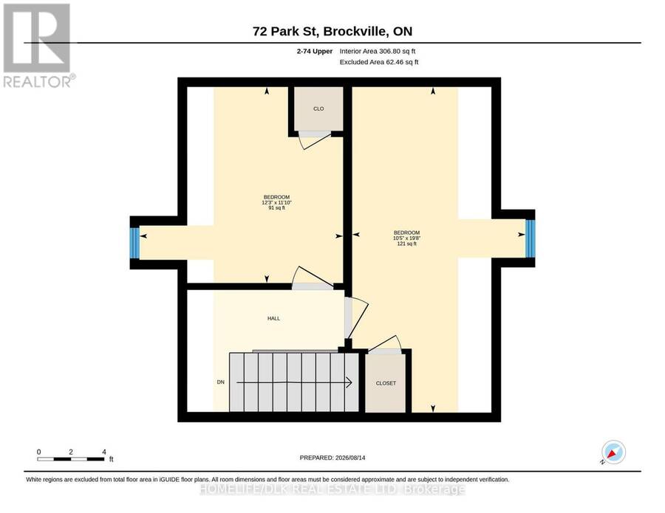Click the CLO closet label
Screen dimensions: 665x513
point(318,109)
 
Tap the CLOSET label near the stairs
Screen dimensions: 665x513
point(386,383)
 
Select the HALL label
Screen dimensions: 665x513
point(273,319)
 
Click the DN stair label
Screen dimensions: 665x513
point(220,382)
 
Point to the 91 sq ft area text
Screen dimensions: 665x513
point(276,208)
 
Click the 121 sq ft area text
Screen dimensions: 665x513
point(406,244)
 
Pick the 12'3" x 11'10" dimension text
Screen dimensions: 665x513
point(276,202)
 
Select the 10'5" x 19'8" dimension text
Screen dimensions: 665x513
point(406,238)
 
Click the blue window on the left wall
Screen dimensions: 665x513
point(134,243)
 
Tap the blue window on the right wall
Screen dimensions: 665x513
point(530,238)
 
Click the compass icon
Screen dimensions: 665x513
point(613,452)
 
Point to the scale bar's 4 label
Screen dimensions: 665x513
point(104,452)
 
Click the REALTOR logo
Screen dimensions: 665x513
point(38,45)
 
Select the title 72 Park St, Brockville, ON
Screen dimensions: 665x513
point(332,31)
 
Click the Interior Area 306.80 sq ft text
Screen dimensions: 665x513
point(378,51)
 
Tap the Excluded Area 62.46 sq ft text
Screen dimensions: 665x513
point(379,62)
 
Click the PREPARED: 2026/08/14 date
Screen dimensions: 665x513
point(332,458)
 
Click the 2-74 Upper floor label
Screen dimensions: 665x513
point(315,51)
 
